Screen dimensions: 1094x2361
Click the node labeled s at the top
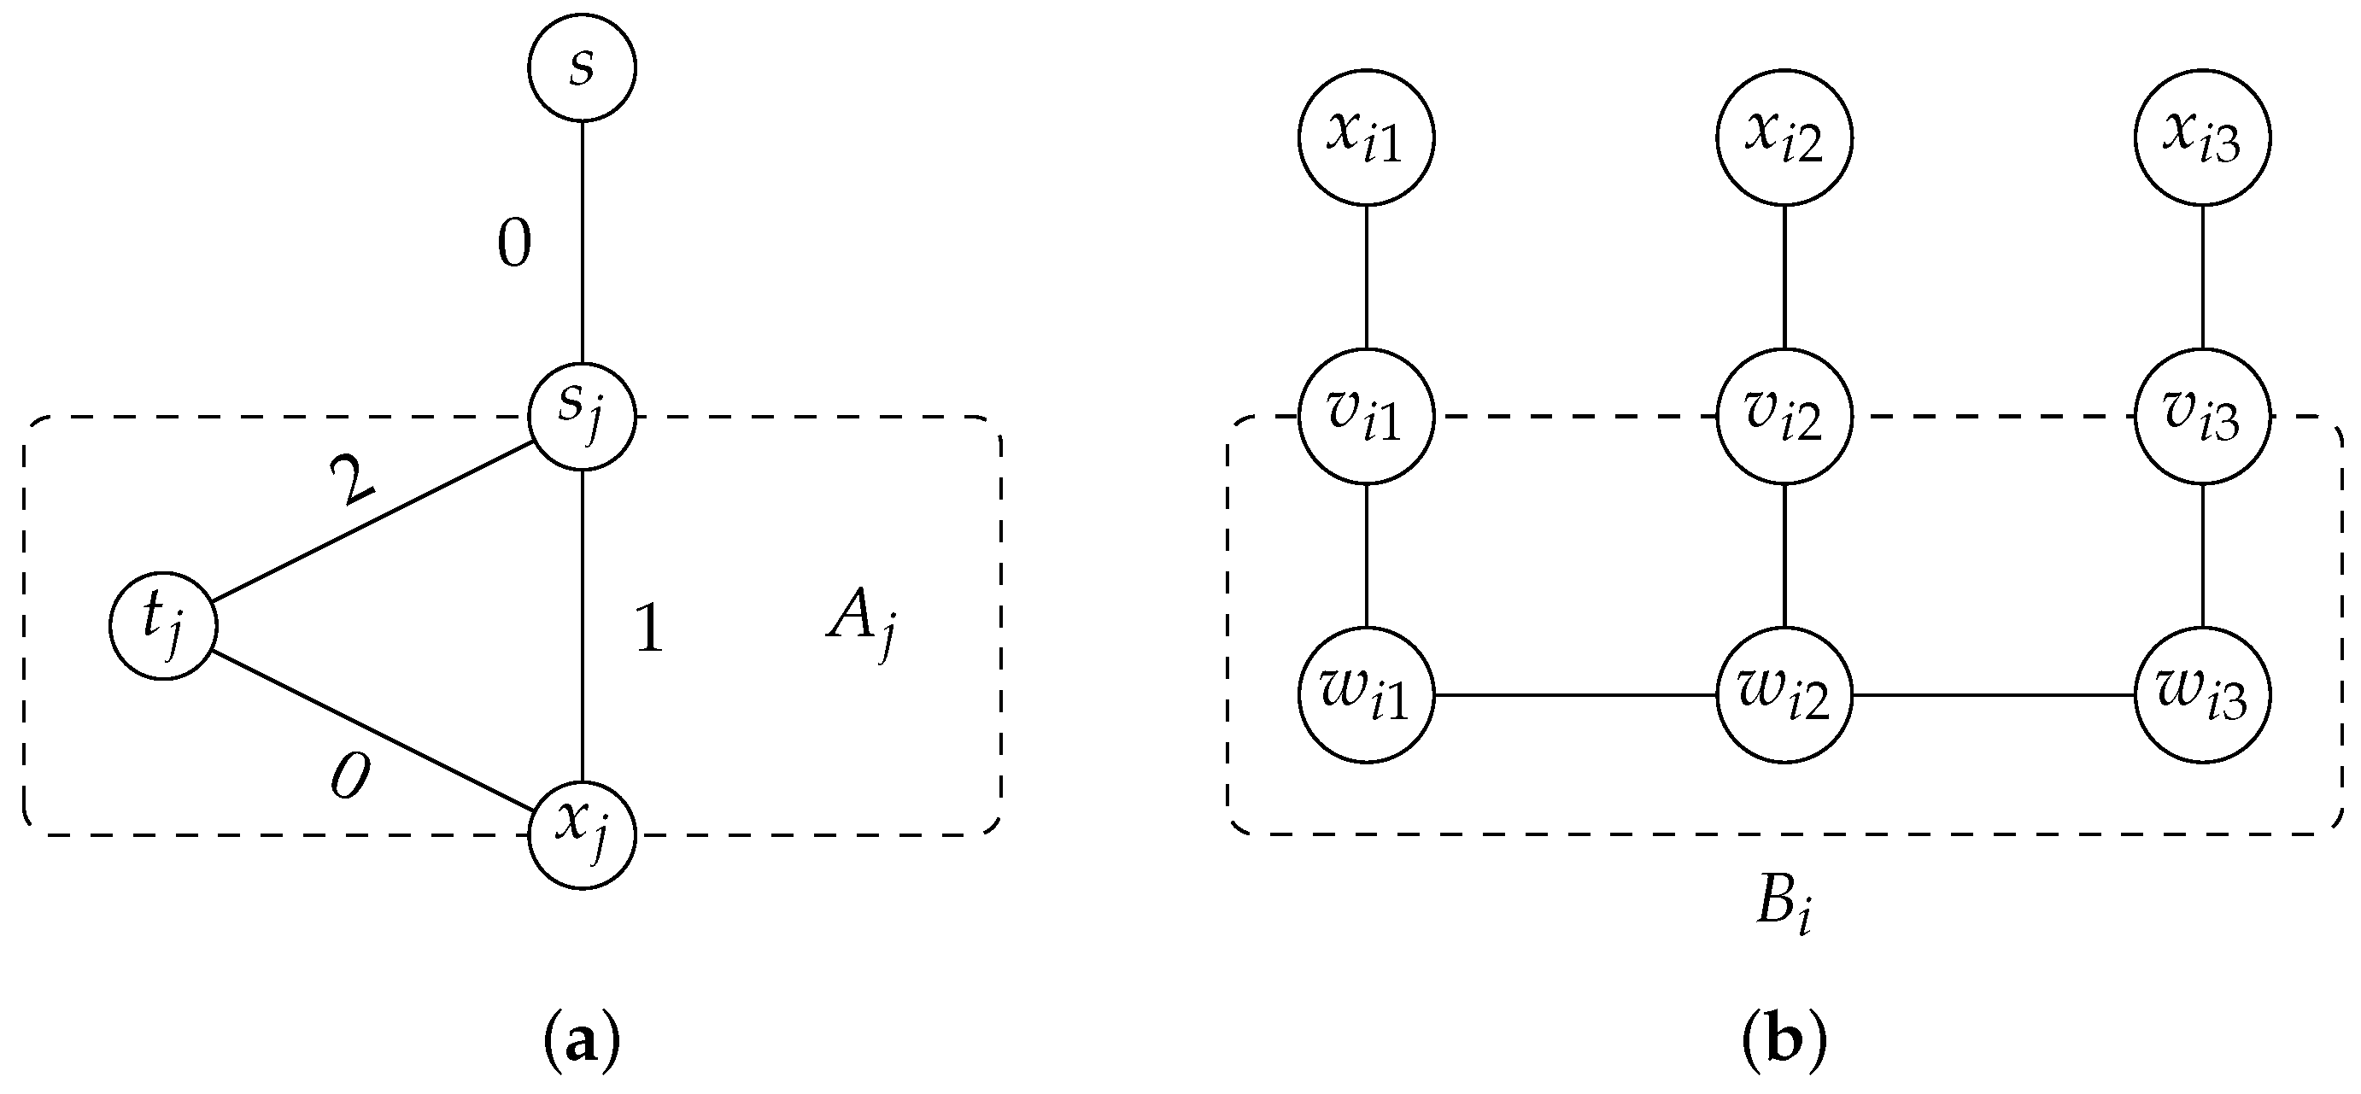[x=582, y=67]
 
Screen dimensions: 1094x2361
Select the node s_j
[x=582, y=417]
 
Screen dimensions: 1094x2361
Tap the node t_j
[x=163, y=626]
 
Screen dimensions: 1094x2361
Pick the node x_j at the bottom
[x=582, y=834]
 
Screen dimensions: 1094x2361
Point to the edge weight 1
[x=649, y=630]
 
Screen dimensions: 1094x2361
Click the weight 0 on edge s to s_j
[x=514, y=244]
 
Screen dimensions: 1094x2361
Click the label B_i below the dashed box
[x=1783, y=907]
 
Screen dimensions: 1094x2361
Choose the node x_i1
[x=1366, y=137]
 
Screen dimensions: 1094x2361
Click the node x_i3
[x=2201, y=137]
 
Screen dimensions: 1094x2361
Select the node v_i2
[x=1784, y=417]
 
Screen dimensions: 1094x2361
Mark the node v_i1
[x=1366, y=417]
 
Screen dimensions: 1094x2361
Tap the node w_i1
[x=1366, y=695]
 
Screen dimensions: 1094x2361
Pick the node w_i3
[x=2201, y=695]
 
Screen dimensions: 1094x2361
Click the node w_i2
[x=1784, y=695]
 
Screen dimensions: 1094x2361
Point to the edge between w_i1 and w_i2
[x=1574, y=695]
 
